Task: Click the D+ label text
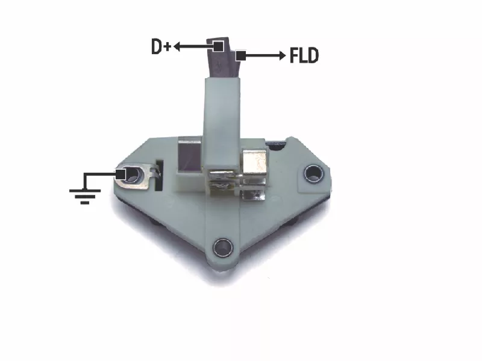161,47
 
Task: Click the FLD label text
304,55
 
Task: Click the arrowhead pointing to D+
177,47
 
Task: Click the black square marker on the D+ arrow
218,47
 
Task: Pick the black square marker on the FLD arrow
240,56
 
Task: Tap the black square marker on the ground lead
120,174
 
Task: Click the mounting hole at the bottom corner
223,247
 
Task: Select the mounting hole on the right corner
313,174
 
